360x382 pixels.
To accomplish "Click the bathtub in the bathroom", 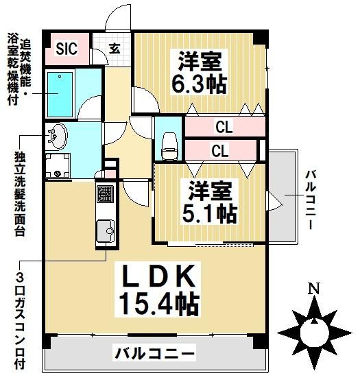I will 62,89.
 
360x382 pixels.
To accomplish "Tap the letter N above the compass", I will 313,289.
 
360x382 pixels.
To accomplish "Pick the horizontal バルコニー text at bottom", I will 154,355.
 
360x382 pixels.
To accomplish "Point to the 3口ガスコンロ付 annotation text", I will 19,321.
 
